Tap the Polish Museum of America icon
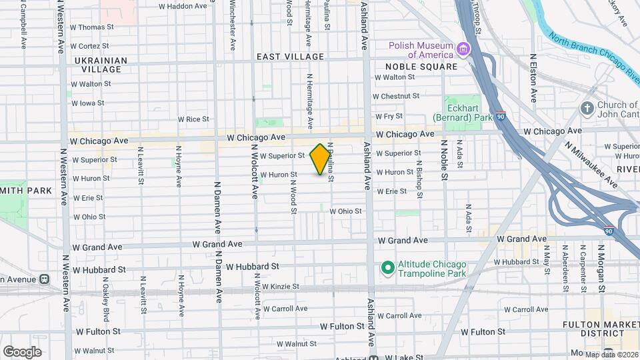click(x=461, y=49)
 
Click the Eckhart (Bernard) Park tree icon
click(x=453, y=105)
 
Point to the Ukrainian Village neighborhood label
click(x=101, y=65)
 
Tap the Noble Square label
click(x=421, y=67)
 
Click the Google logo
click(x=23, y=351)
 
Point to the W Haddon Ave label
click(x=183, y=6)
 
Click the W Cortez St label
click(x=89, y=46)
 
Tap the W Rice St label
click(x=193, y=119)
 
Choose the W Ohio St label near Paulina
click(x=345, y=211)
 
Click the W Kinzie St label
click(x=279, y=287)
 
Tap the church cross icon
click(x=587, y=108)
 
